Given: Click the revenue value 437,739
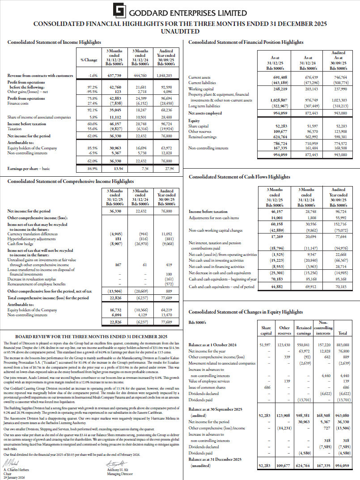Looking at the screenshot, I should pos(115,76).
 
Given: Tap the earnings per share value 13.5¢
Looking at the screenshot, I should pos(118,169).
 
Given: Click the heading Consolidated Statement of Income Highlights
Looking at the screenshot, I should pos(54,42).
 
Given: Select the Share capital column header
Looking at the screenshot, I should pos(267,331).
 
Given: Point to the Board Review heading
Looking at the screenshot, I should pos(91,336).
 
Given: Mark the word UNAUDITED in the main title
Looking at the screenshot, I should pos(180,31).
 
